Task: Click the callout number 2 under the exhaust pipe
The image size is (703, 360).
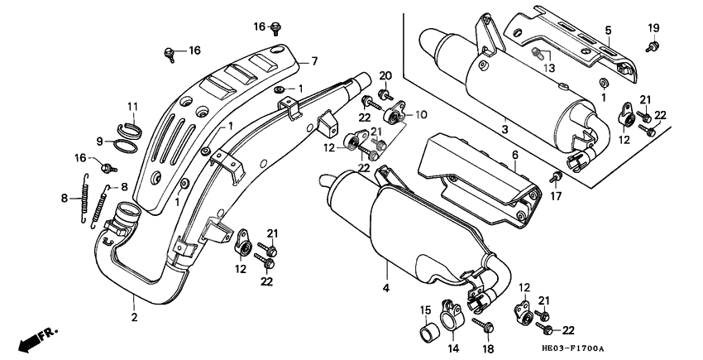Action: tap(134, 315)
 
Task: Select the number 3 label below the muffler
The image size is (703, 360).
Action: tap(505, 130)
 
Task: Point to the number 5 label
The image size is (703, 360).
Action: tap(608, 31)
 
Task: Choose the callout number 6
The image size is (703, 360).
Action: tap(514, 155)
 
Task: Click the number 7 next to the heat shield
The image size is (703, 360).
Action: tap(313, 61)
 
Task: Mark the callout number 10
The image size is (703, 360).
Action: tap(419, 115)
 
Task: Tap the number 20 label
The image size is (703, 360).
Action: tap(385, 76)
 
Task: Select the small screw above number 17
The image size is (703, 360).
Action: tap(556, 175)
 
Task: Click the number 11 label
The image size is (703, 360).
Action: tap(132, 105)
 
